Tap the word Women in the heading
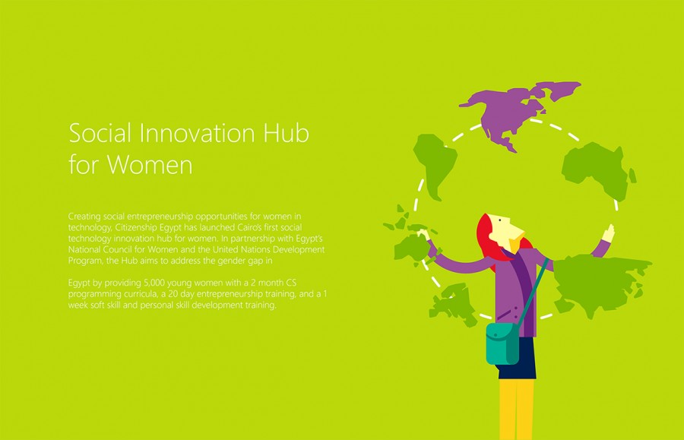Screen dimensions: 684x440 (x=150, y=165)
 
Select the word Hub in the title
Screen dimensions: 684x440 (x=287, y=132)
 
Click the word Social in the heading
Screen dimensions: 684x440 (x=100, y=132)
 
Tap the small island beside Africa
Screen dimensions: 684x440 (x=632, y=176)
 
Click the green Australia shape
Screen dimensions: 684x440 (x=412, y=248)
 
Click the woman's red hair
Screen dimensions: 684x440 (x=489, y=239)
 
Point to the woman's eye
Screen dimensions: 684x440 (x=499, y=220)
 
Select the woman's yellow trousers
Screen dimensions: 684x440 (x=517, y=409)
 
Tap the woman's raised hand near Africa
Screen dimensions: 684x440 (x=609, y=233)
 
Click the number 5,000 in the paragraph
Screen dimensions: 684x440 (x=154, y=283)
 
